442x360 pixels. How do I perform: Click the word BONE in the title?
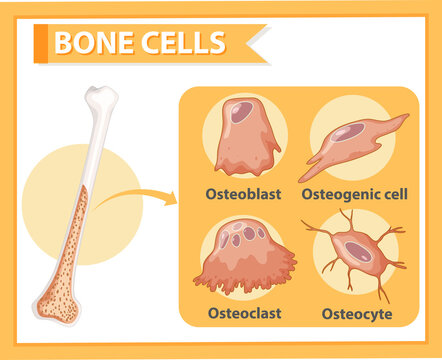(x=92, y=43)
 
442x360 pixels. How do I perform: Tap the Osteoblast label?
(x=243, y=193)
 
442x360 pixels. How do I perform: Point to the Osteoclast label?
(x=243, y=312)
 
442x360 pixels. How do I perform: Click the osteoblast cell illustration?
(x=245, y=140)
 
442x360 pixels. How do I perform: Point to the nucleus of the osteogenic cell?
(x=347, y=132)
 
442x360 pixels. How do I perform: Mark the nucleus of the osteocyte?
(x=359, y=252)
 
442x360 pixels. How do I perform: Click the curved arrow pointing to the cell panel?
(x=140, y=196)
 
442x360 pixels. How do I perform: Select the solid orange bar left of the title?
(x=40, y=43)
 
